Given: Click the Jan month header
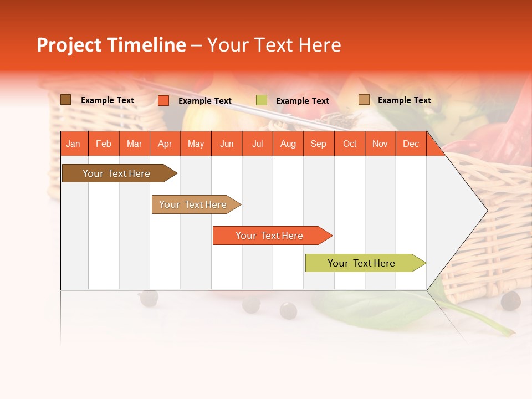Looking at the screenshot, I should tap(73, 144).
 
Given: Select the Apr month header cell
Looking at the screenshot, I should tap(165, 144).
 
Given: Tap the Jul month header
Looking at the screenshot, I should tap(257, 144).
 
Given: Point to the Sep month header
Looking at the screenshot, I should tap(318, 144).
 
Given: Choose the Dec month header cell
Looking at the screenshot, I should tap(411, 144).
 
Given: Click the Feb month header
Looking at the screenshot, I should tap(104, 144).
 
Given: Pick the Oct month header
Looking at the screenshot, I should tap(350, 144).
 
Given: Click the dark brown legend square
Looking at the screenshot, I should tap(66, 100).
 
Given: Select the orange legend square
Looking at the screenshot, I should tap(163, 100).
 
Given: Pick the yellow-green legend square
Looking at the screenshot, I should tap(262, 100).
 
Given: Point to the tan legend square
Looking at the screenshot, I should tap(364, 100).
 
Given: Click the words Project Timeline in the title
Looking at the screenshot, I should tap(111, 45).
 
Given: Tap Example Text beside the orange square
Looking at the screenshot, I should tap(205, 101).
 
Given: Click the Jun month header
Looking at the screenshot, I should tap(227, 144).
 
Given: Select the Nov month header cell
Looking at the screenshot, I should tap(380, 144).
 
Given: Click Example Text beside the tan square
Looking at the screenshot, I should tap(405, 100).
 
